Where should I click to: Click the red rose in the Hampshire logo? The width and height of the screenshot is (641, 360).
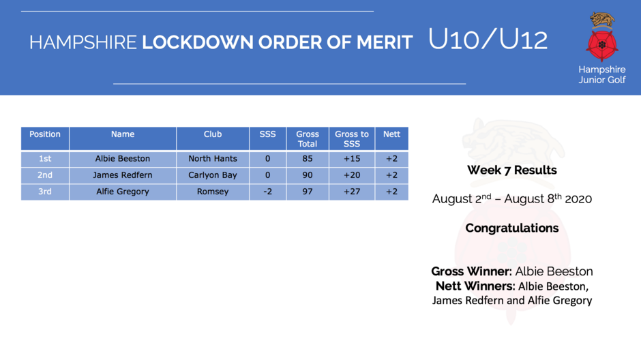(601, 45)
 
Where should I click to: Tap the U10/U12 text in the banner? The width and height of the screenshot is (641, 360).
(488, 40)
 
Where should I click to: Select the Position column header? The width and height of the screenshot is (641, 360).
(45, 138)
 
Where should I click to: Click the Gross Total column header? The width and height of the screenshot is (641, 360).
(308, 138)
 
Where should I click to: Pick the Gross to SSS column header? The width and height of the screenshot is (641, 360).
(352, 138)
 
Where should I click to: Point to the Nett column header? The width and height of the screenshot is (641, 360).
(391, 138)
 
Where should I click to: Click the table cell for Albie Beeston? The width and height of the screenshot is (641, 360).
(123, 159)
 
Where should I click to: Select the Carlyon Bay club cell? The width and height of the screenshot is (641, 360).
(213, 175)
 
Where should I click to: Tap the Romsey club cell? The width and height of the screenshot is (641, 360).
(213, 192)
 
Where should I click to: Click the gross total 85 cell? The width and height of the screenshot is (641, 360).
(308, 159)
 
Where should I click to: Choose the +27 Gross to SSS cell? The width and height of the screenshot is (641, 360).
(352, 192)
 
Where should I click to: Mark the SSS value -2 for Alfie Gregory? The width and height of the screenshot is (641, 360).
(268, 192)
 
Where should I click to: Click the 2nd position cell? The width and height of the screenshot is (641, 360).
(45, 175)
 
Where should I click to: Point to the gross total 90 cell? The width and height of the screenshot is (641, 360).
(308, 175)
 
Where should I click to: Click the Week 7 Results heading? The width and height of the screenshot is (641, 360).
(512, 170)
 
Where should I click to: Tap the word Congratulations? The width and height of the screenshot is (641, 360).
(512, 228)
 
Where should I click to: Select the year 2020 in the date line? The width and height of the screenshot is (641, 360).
(578, 199)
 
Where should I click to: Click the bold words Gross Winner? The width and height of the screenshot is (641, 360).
(471, 271)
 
